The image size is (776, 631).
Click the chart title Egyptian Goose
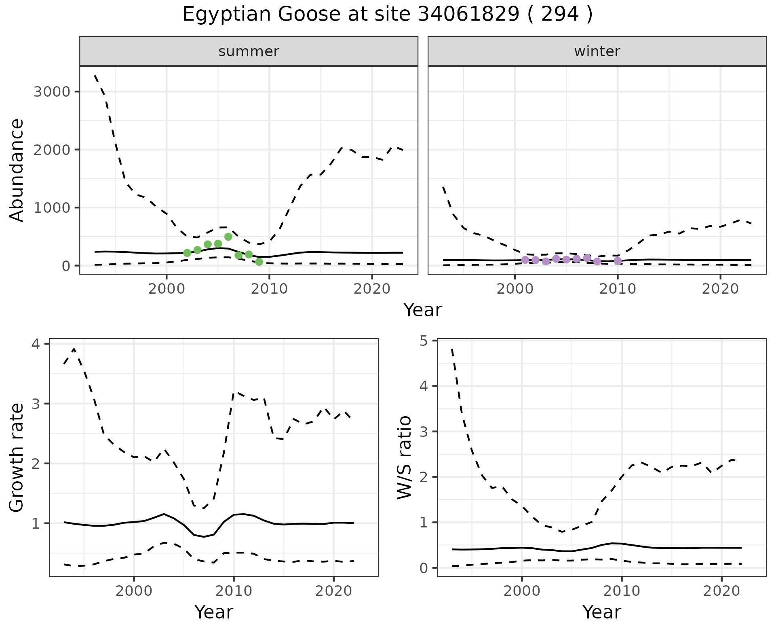pos(387,15)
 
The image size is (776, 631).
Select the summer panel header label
pos(249,51)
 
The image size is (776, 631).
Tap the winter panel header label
pos(597,51)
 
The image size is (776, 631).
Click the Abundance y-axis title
pos(17,170)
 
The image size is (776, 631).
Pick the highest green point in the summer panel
pos(228,237)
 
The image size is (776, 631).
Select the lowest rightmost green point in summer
pos(259,262)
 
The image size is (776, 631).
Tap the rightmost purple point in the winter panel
pos(618,260)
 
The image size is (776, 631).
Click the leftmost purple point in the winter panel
pos(525,260)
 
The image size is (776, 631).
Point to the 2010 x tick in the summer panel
pos(269,289)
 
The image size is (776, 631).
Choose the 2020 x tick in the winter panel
pos(720,289)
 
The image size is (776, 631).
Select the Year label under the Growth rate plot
pos(214,612)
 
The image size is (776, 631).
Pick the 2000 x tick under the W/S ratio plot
pos(522,591)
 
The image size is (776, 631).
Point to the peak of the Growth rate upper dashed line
pos(74,349)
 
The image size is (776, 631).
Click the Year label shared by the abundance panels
pos(423,310)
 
